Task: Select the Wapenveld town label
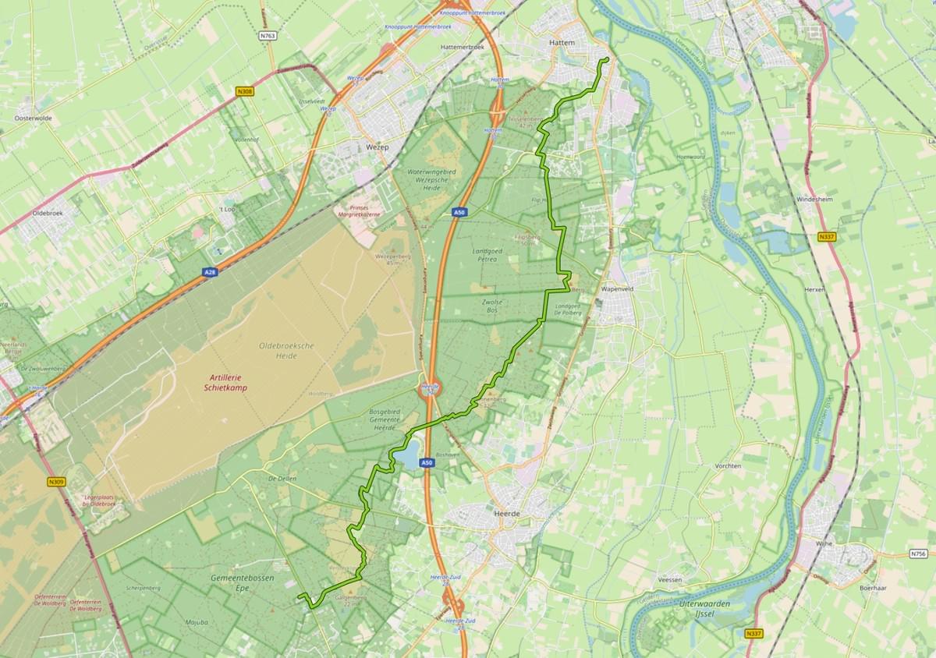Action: (619, 289)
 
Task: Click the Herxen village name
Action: (814, 288)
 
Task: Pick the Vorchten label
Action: (727, 465)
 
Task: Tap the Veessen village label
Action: (669, 580)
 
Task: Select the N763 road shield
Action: (268, 36)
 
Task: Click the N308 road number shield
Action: (245, 91)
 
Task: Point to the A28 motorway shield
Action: (210, 272)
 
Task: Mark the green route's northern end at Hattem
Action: (607, 59)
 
